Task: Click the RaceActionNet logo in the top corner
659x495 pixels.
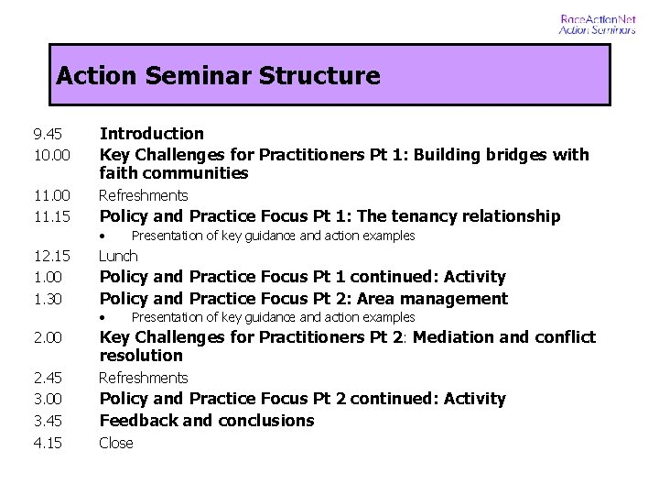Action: (x=597, y=24)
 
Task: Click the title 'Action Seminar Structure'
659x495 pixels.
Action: (x=218, y=75)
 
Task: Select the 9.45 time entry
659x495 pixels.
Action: (x=46, y=134)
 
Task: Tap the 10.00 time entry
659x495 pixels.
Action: (x=50, y=155)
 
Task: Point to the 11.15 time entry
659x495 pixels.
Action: (x=50, y=217)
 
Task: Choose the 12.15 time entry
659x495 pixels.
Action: (x=50, y=257)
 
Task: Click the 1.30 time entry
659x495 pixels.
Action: (x=46, y=299)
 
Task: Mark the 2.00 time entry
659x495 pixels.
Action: (x=46, y=337)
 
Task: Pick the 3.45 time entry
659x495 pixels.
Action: (x=46, y=421)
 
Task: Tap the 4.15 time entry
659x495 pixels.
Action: (x=46, y=443)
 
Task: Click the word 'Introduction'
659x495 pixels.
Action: (x=151, y=134)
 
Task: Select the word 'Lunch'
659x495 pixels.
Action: (x=118, y=256)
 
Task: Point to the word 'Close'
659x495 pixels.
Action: (x=116, y=443)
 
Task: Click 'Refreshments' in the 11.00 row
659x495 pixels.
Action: (x=143, y=195)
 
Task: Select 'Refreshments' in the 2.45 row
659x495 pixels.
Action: (x=143, y=378)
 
